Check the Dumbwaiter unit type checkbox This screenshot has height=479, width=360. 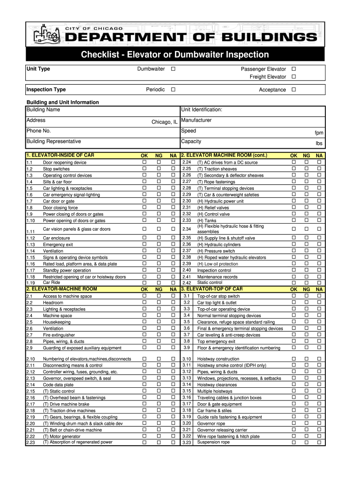click(173, 69)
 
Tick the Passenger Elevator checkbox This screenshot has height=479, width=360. click(294, 69)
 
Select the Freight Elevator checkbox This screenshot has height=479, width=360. click(294, 77)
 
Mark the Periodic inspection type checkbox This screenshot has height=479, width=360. click(173, 89)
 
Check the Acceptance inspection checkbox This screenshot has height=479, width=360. click(294, 89)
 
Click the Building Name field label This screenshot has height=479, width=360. click(43, 110)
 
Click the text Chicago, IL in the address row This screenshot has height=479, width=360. click(164, 122)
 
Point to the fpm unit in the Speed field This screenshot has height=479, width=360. click(319, 133)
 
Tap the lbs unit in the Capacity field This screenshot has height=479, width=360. click(319, 144)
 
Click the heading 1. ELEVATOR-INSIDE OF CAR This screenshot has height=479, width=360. click(61, 155)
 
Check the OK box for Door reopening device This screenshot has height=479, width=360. click(144, 162)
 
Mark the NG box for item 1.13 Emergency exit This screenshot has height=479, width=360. click(159, 244)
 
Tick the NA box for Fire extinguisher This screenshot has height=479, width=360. click(173, 335)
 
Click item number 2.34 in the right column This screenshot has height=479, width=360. click(187, 229)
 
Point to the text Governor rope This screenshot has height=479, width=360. click(211, 423)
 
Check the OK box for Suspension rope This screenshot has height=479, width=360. click(294, 442)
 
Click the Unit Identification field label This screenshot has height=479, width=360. click(202, 110)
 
